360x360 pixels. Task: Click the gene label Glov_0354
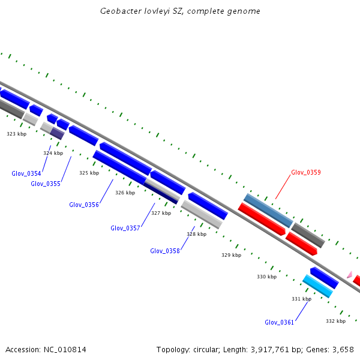26,173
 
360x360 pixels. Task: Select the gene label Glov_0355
46,184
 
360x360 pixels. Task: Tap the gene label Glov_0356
84,205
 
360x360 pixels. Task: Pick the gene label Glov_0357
125,228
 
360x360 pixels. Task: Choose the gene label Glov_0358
165,251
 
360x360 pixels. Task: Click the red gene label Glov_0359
306,172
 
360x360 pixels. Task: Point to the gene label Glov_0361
280,322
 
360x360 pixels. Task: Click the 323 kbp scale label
17,134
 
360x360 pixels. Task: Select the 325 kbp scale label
89,173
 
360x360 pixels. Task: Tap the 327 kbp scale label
161,213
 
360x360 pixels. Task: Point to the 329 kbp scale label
231,255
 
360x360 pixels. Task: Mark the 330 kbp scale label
266,277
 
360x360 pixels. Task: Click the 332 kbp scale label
335,321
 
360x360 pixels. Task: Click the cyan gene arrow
317,286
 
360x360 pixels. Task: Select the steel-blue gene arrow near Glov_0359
268,210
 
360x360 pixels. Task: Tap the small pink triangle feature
349,274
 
